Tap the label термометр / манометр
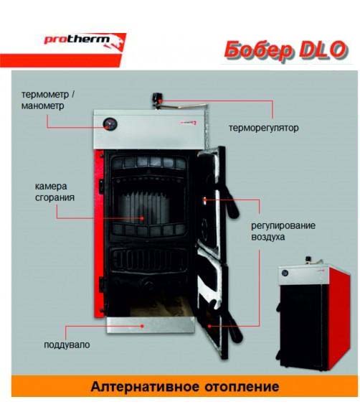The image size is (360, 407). (48, 100)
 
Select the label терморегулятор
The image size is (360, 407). (263, 128)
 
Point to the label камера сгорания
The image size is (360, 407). (55, 192)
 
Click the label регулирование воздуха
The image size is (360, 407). (283, 231)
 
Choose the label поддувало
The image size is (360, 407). (67, 345)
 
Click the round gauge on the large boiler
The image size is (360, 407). (110, 124)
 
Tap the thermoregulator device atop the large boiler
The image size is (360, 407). (158, 101)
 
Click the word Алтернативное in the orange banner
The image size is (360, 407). (145, 387)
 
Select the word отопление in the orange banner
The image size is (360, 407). (242, 387)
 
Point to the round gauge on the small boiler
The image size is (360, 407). (285, 273)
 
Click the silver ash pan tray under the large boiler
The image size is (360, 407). (151, 324)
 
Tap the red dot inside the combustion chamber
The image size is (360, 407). (142, 218)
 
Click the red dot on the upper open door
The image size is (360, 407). (204, 200)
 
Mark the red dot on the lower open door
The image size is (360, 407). (209, 326)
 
